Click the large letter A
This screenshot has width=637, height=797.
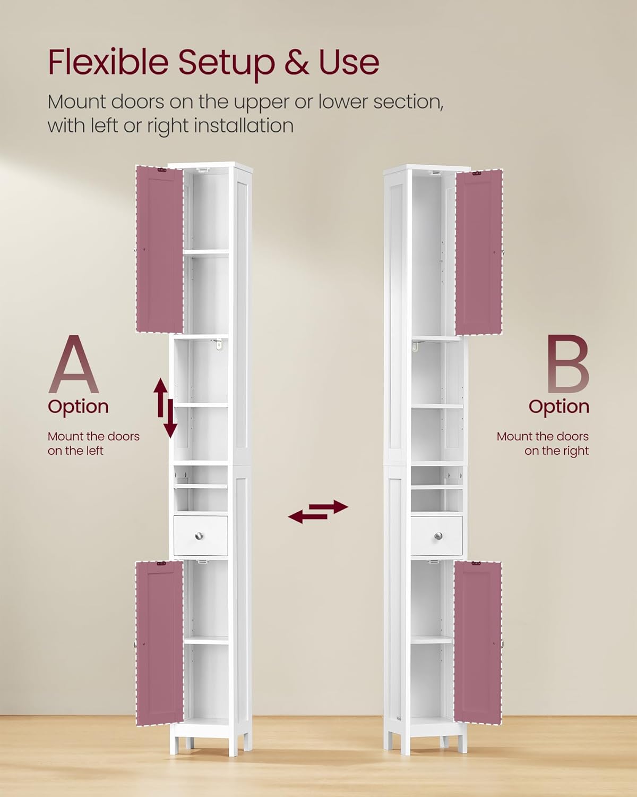coord(74,365)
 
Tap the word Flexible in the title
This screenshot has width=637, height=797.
coord(108,62)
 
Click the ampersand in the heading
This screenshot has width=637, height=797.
coord(297,62)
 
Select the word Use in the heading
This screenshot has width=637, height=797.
coord(349,62)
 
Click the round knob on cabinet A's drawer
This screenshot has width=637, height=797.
coord(200,536)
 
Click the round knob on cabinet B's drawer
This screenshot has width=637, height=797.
coord(438,536)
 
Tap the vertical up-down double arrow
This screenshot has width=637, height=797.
coord(166,408)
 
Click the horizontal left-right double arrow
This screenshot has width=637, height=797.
coord(318,512)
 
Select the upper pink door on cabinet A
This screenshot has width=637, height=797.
coord(160,249)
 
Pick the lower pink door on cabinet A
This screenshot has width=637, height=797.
coord(160,643)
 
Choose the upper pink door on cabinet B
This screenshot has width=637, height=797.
coord(479,252)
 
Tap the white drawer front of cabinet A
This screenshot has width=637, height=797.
coord(201,536)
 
